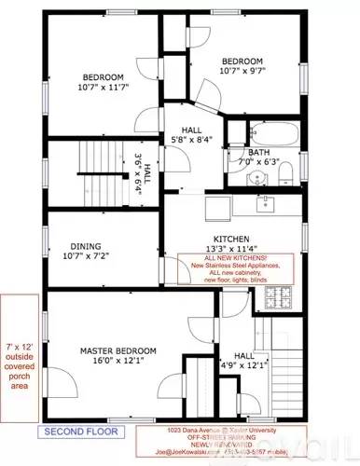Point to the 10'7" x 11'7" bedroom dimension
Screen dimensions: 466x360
[x=103, y=89]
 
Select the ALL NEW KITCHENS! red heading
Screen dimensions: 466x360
[x=229, y=257]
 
